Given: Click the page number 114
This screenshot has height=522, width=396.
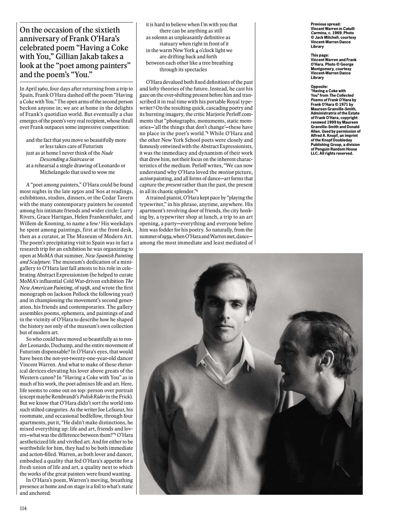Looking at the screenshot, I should [23, 508].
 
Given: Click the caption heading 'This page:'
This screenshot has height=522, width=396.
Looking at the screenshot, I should [320, 55].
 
